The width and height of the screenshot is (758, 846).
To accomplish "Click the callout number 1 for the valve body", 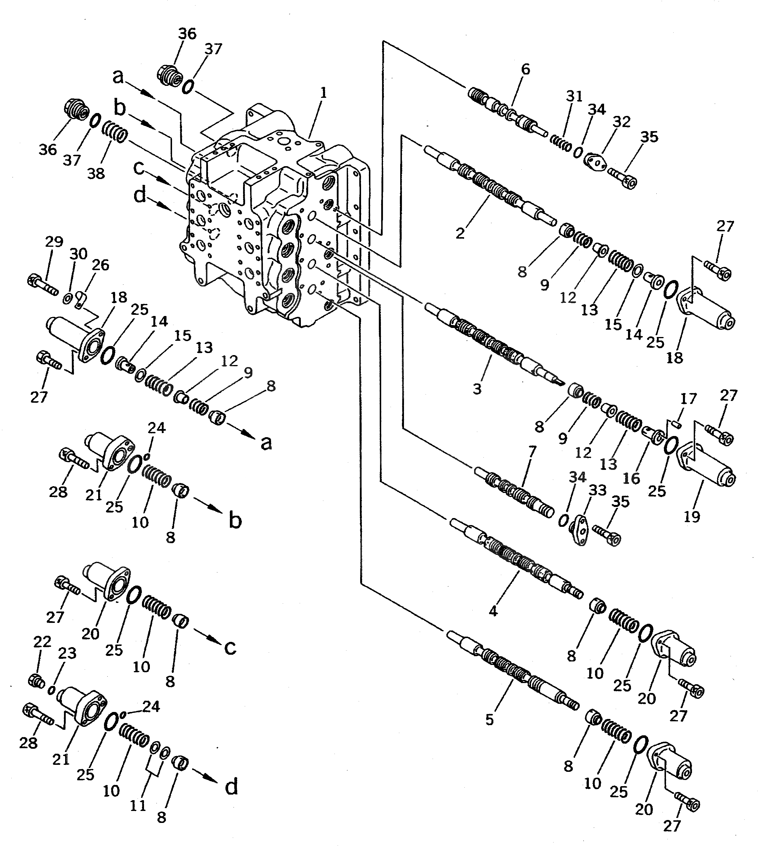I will (x=323, y=93).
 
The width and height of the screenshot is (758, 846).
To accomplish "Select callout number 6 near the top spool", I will (x=525, y=70).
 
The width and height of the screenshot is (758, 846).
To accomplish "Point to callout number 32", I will (x=621, y=122).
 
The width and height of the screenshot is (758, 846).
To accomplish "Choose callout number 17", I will (x=688, y=399).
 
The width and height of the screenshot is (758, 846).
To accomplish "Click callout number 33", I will (x=597, y=490).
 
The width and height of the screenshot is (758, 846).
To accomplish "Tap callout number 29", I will (x=54, y=242).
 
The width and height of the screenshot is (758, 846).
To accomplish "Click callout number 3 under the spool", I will (x=477, y=389).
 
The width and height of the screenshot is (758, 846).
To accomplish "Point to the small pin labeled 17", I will (x=678, y=424).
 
